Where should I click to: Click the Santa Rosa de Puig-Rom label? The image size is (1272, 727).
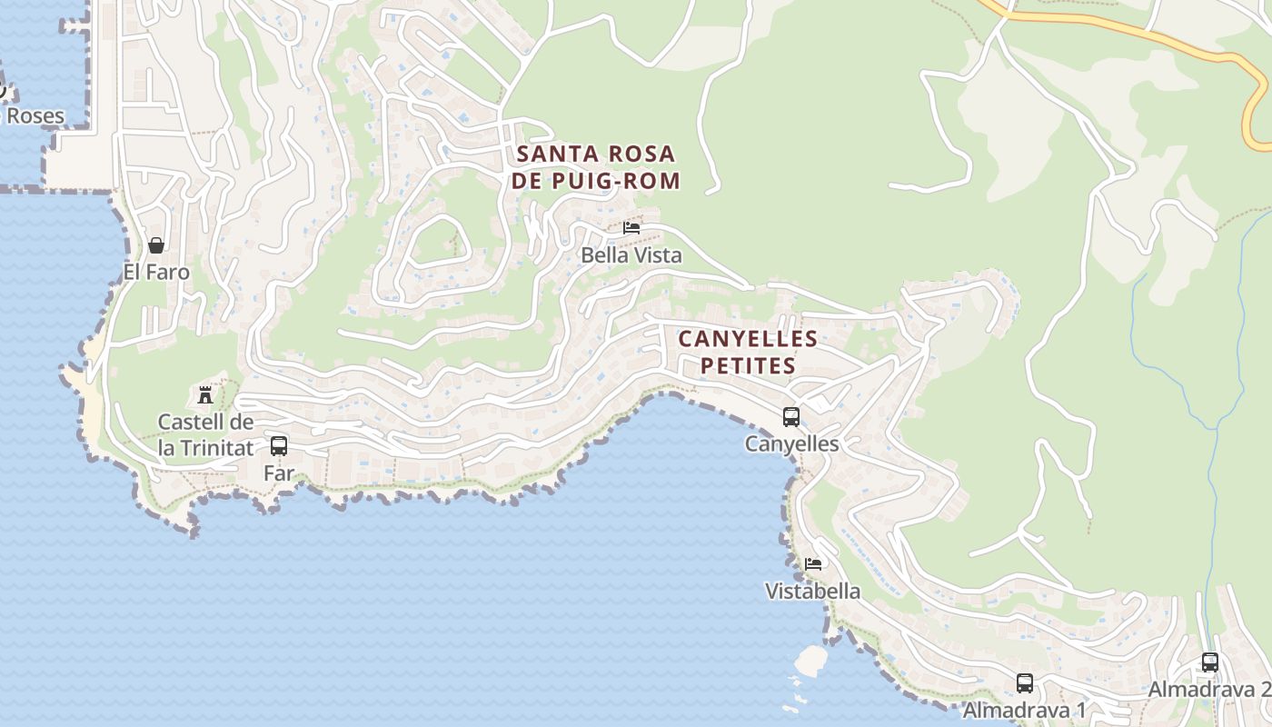tap(595, 166)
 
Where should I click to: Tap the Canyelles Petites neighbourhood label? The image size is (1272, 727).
tap(748, 353)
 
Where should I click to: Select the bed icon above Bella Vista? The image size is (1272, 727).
tap(631, 227)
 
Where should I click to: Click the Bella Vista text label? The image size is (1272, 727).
tap(631, 255)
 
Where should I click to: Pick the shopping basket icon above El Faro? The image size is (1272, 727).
tap(156, 245)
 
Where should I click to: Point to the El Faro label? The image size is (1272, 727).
tap(156, 272)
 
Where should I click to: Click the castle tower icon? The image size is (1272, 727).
tap(205, 395)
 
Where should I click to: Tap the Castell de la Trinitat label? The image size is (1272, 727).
tap(205, 434)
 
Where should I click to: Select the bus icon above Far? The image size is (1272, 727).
tap(279, 446)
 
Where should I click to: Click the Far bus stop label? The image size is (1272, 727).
tap(279, 473)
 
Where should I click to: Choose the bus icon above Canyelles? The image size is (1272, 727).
tap(791, 417)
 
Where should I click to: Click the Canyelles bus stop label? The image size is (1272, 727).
tap(791, 443)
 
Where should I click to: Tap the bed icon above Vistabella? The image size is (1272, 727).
tap(813, 564)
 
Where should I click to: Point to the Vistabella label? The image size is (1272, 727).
tap(812, 591)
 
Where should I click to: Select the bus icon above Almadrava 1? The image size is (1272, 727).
tap(1025, 683)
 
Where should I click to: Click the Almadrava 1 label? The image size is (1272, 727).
tap(1025, 709)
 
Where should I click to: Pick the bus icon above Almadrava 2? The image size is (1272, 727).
tap(1210, 662)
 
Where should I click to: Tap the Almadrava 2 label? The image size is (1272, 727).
tap(1208, 689)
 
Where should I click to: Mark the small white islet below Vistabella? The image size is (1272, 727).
tap(810, 660)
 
